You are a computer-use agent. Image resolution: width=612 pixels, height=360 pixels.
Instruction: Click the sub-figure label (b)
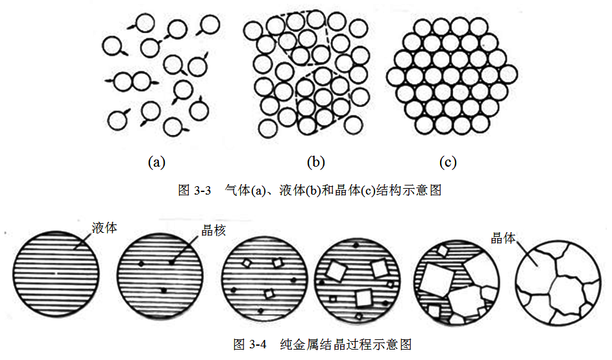tap(315, 162)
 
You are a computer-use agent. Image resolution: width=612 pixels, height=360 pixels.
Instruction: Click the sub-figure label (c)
tap(447, 162)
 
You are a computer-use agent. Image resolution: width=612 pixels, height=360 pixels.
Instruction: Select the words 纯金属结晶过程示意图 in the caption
tap(346, 344)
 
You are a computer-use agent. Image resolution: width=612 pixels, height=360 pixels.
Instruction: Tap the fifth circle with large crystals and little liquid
tap(457, 282)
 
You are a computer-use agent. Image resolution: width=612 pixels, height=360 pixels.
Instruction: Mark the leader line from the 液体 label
tap(84, 239)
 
